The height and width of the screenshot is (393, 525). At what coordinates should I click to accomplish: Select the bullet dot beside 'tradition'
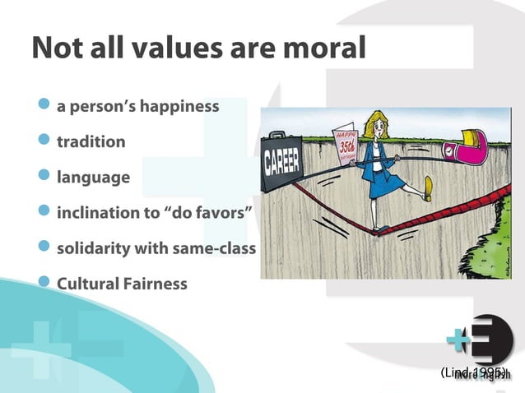tap(45, 141)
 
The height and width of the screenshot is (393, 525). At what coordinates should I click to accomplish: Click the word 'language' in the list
tap(93, 178)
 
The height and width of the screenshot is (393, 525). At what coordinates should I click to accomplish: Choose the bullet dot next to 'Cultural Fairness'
tap(45, 283)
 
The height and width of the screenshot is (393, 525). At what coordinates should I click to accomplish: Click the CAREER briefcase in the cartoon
tap(282, 160)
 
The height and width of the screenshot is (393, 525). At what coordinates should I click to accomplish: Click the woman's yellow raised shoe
tap(426, 187)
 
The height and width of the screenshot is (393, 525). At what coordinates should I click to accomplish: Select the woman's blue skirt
tap(382, 183)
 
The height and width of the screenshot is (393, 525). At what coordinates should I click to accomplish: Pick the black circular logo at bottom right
tap(492, 339)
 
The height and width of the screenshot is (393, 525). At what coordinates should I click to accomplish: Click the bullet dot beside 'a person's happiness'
tap(45, 105)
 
